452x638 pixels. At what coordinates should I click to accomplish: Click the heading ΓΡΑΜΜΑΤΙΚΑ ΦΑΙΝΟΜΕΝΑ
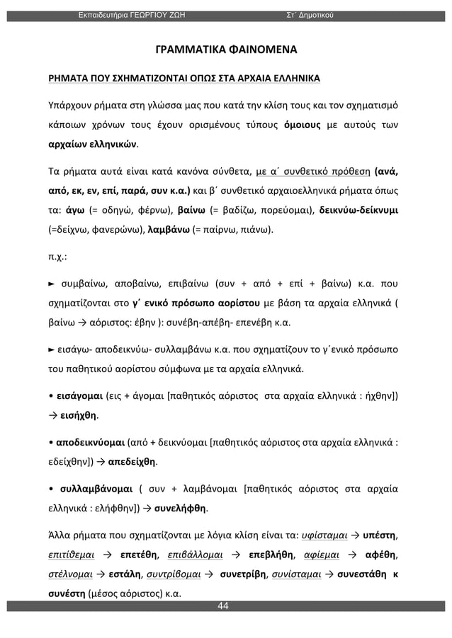[226, 51]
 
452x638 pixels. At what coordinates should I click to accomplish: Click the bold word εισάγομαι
[86, 395]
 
